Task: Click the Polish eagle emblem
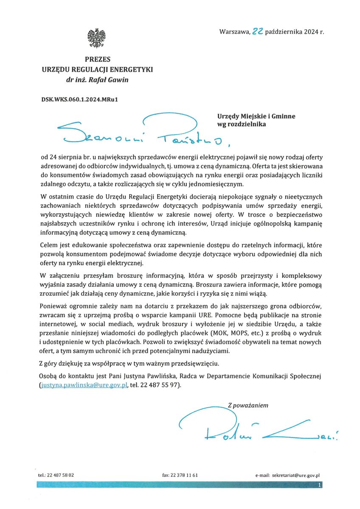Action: coord(96,38)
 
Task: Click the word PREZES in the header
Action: coord(97,60)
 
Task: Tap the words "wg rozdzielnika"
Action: coord(242,125)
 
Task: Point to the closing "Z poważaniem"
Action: coord(248,405)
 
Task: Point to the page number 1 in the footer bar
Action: coord(319,484)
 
